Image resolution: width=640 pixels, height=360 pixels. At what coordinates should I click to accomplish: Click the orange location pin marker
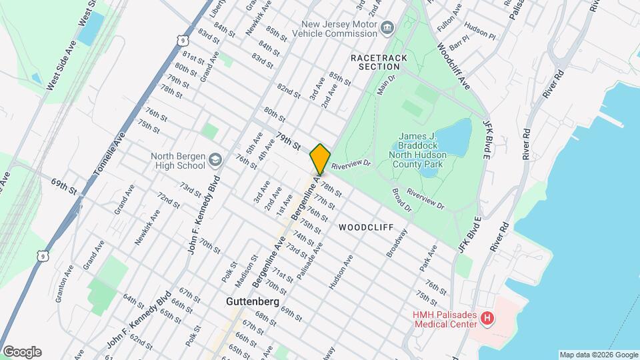click(x=320, y=159)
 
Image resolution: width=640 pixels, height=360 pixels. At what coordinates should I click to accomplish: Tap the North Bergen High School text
click(x=177, y=161)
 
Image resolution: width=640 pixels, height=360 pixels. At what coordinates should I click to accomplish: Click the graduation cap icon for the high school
click(x=215, y=160)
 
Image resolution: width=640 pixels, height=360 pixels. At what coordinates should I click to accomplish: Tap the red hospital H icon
click(x=487, y=319)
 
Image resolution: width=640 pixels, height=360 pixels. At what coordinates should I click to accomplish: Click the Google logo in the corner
click(x=22, y=352)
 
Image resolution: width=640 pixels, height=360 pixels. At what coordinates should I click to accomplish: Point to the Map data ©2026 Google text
click(x=598, y=355)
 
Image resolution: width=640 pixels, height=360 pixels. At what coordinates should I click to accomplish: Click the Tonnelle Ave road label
click(x=109, y=154)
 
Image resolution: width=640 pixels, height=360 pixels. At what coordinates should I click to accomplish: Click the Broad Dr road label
click(x=403, y=201)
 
